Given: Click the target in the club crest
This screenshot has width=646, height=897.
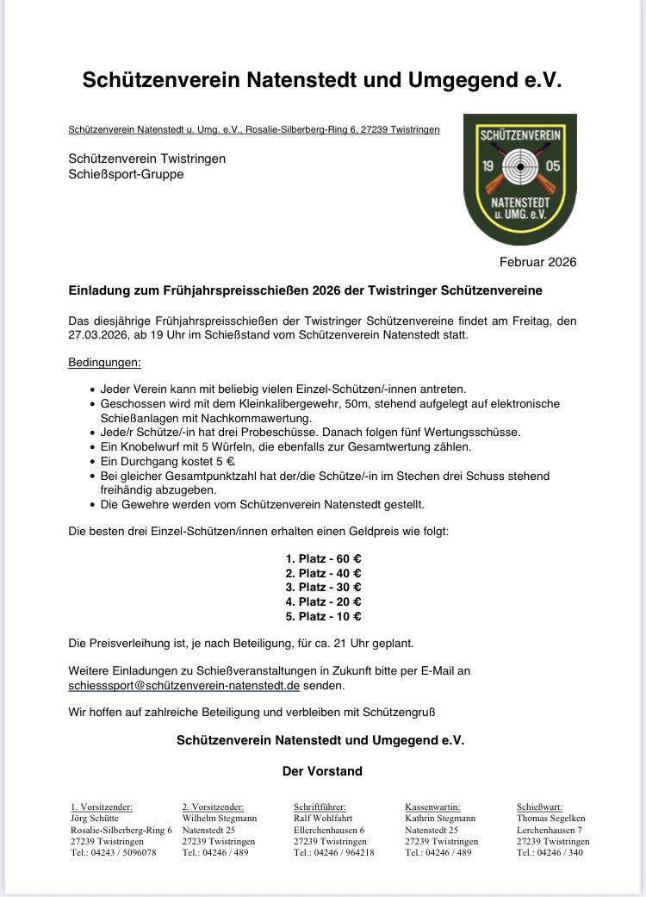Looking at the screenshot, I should [519, 164].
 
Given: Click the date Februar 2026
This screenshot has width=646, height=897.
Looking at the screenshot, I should [537, 262].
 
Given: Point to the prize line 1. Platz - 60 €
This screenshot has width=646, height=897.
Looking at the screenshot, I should [323, 558].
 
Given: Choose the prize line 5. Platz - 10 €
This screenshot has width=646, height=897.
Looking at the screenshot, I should [323, 616].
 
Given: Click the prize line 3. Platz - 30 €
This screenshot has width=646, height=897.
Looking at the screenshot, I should [323, 588].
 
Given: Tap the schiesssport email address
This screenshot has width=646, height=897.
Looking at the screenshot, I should [183, 686].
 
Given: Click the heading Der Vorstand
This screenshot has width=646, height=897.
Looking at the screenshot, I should [322, 771].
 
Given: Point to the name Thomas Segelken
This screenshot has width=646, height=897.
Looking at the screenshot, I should [550, 818].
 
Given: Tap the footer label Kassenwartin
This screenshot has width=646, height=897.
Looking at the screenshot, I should [432, 807].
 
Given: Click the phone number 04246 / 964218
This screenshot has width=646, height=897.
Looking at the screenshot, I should [333, 853].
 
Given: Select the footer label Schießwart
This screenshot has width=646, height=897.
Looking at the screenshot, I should [539, 807].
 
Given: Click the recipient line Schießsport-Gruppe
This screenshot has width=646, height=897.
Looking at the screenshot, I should [126, 174].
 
